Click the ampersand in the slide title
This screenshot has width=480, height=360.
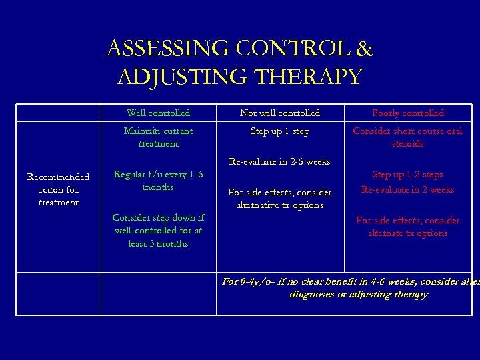(365, 49)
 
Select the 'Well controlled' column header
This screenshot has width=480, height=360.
(158, 113)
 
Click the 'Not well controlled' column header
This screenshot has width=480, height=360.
(280, 113)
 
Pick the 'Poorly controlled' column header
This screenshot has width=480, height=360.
(407, 113)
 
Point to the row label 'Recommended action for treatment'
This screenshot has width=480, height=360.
(58, 189)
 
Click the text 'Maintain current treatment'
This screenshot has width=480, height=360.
(158, 137)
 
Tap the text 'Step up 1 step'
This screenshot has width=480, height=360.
(280, 131)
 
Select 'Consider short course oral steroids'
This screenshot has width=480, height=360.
(407, 137)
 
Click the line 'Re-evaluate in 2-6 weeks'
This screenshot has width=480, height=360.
(280, 161)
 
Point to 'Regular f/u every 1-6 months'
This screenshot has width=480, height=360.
(158, 181)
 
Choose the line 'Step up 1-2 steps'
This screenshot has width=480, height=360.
(407, 175)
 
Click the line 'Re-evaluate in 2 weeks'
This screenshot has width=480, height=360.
(407, 189)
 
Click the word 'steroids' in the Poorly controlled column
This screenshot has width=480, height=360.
(407, 144)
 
